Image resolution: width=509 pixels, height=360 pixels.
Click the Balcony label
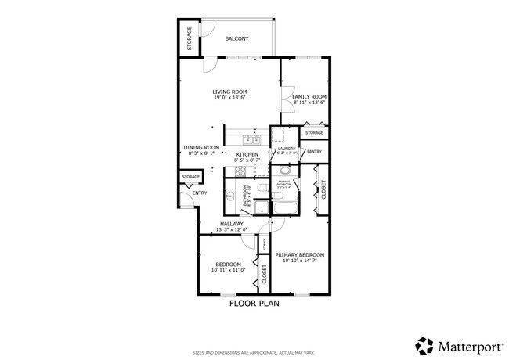point(236,38)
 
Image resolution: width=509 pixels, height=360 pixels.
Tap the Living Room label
point(229,92)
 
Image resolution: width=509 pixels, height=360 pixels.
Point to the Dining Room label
point(200,147)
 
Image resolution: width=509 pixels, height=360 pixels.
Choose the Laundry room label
point(285,148)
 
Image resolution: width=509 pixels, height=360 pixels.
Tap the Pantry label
point(314,151)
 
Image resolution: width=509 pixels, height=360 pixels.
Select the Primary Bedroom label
point(299,254)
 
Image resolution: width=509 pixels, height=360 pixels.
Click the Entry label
point(200,193)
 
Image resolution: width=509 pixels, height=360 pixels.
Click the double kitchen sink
point(251,139)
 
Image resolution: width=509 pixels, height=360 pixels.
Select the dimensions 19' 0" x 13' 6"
point(229,98)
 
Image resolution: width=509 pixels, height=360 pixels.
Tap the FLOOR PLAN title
point(254,303)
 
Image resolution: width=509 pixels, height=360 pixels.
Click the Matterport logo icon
point(424,345)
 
